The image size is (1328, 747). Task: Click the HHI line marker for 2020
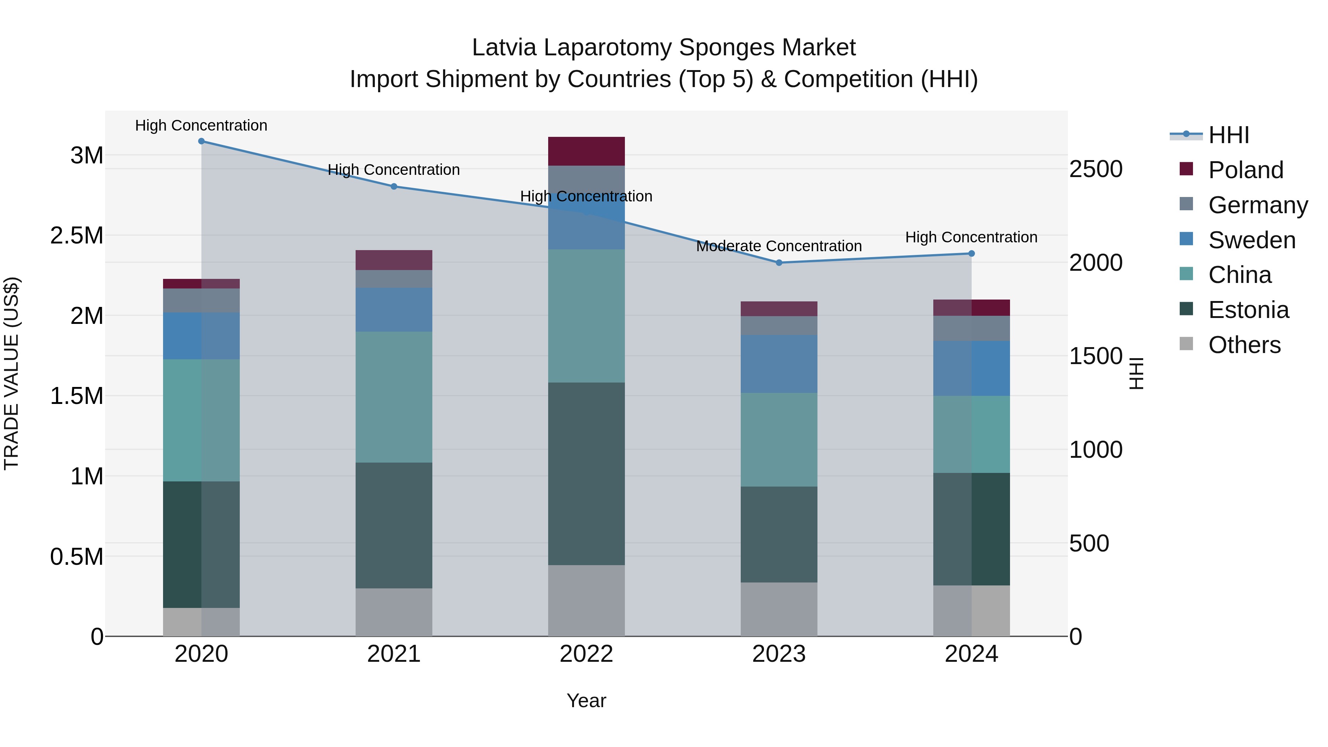click(201, 141)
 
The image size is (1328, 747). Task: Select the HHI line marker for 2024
click(971, 254)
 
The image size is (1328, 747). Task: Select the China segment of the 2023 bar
click(779, 439)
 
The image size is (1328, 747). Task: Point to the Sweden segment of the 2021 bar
click(394, 309)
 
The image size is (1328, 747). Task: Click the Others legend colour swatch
click(1186, 344)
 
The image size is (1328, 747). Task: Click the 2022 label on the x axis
click(586, 654)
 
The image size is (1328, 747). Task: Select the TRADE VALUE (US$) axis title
click(11, 373)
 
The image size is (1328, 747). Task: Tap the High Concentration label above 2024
click(971, 237)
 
